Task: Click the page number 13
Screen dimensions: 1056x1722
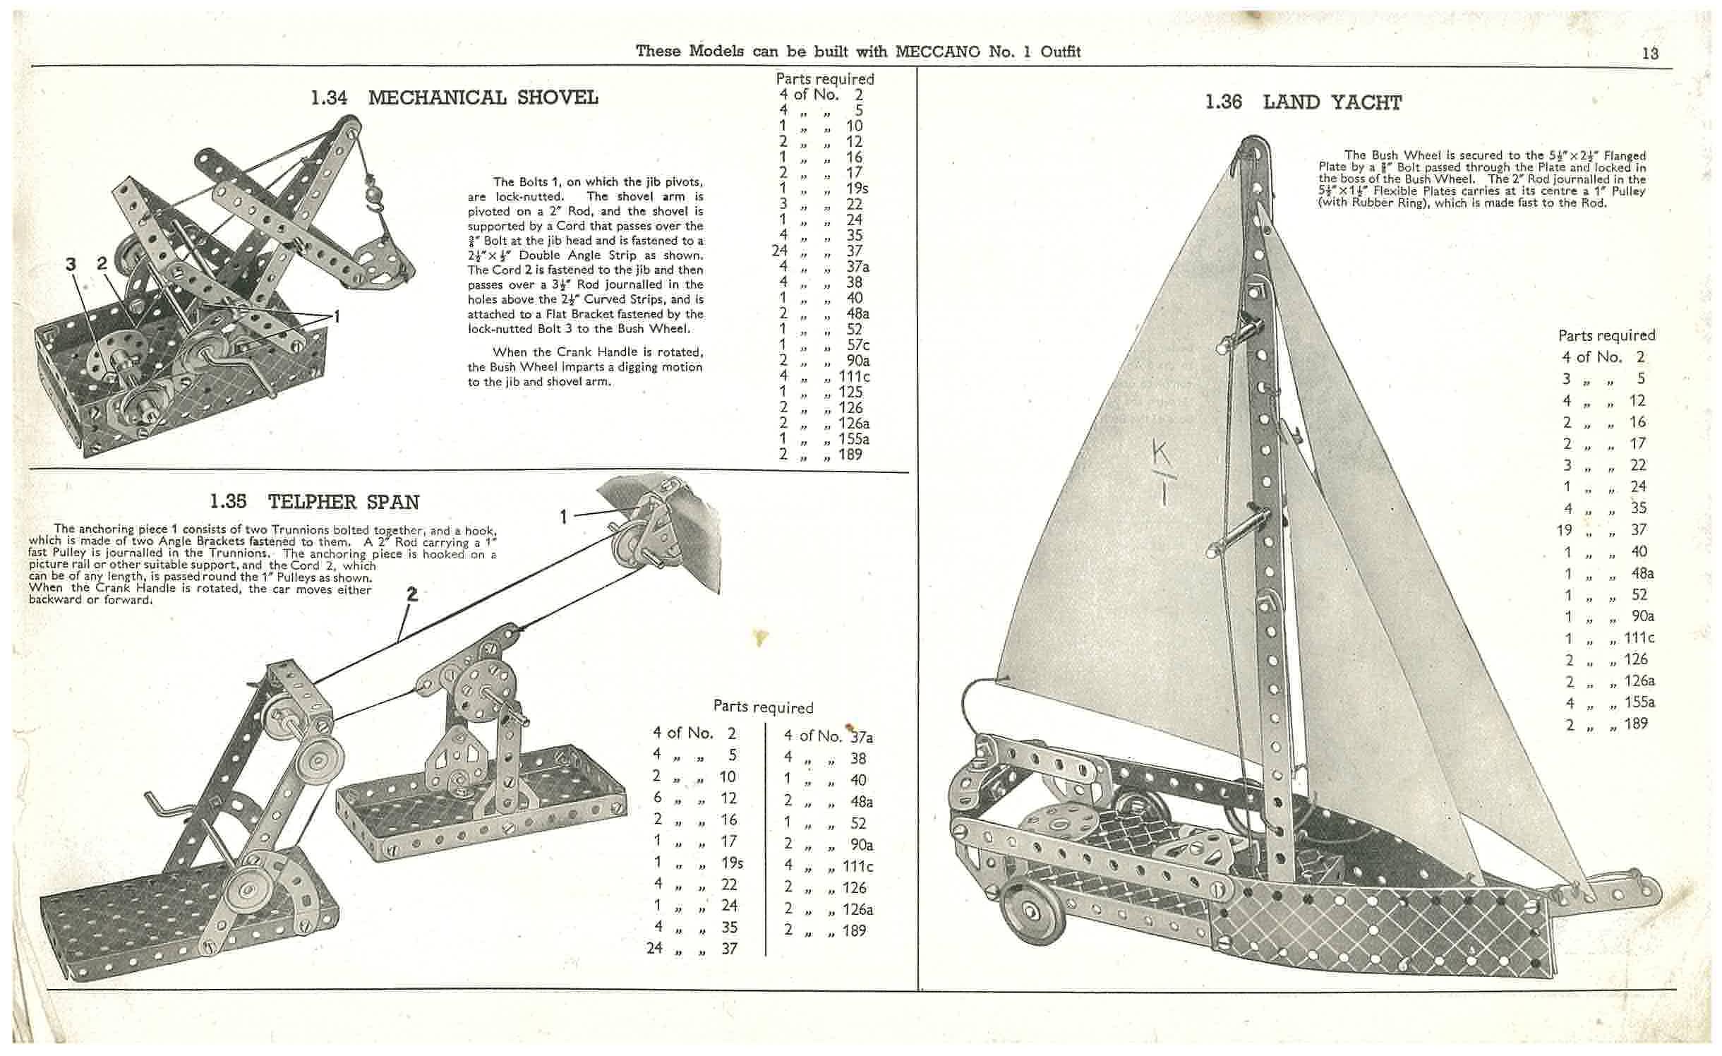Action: [1650, 54]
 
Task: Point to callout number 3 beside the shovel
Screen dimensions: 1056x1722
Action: [71, 264]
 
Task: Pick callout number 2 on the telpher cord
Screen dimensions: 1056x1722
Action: [412, 594]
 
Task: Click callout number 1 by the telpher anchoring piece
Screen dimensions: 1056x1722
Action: [563, 517]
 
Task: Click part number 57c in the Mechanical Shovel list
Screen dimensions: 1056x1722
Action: [859, 344]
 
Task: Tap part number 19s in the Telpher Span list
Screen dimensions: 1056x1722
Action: [731, 863]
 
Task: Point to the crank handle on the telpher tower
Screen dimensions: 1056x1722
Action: [166, 807]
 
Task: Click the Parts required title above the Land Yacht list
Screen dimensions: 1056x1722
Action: [1606, 335]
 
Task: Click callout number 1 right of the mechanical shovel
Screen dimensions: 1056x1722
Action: [337, 317]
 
